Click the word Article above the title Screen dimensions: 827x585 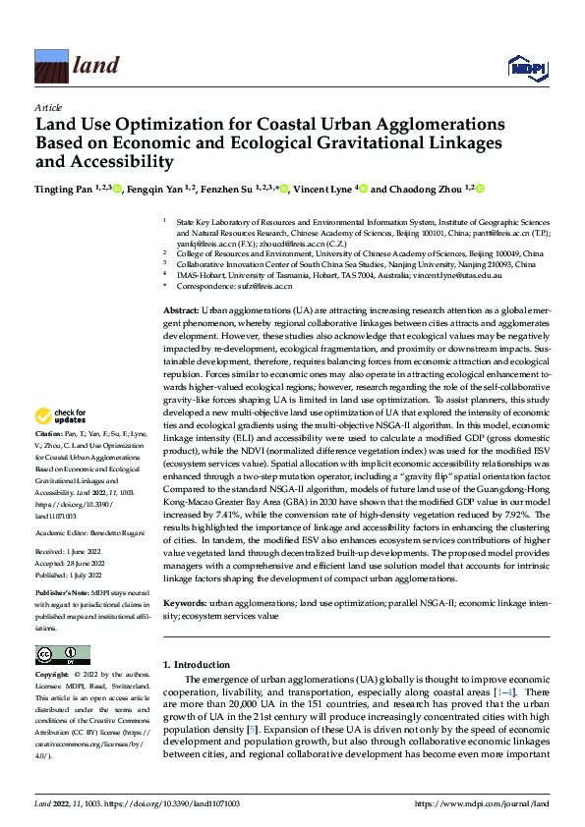tap(47, 107)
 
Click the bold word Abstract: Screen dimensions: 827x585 tap(182, 309)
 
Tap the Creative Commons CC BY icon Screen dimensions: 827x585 tap(62, 655)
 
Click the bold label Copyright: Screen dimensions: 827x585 tap(52, 677)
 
